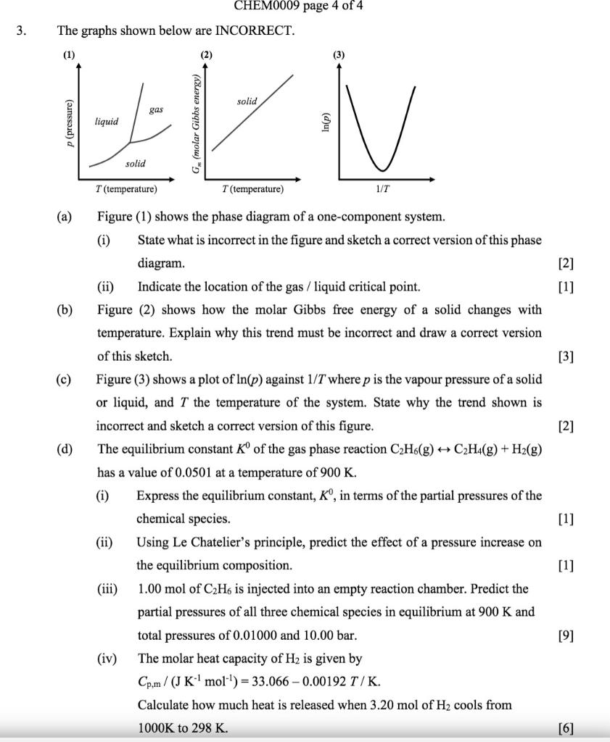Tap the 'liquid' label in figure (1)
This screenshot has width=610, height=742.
[107, 122]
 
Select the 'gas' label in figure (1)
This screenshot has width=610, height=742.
[156, 109]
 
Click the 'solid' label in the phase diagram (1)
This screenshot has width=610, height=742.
[135, 164]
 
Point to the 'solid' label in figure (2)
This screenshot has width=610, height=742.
[247, 101]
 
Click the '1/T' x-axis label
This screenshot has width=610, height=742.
[382, 189]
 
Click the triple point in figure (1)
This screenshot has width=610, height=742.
[130, 143]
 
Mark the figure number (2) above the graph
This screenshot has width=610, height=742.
[207, 55]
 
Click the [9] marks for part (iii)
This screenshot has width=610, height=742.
[564, 635]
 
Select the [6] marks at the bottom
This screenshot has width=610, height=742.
[564, 728]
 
